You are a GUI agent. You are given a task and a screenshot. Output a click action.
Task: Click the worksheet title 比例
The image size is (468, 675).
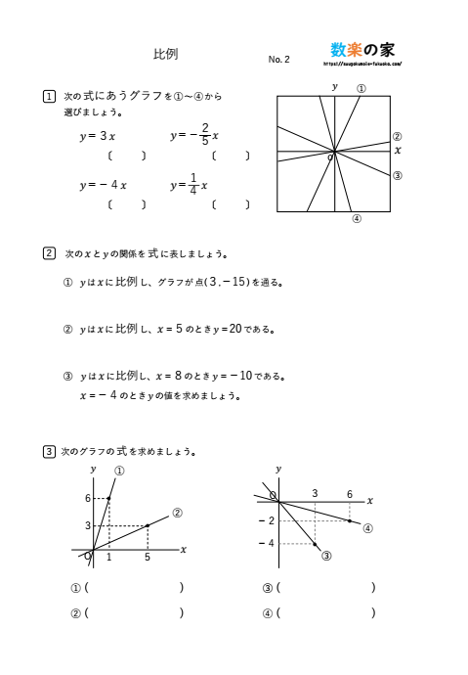(166, 55)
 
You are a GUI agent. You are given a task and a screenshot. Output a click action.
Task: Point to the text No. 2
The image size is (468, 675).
(278, 60)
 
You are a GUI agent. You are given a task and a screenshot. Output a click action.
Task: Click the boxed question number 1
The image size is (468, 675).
(50, 96)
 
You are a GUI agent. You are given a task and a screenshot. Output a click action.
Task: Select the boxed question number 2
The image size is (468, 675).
(50, 253)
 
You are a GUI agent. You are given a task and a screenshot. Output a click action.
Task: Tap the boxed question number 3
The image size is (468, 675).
(50, 451)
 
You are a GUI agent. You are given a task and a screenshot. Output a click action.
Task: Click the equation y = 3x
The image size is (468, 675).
(98, 136)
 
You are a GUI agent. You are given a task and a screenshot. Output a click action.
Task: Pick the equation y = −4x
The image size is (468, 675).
(103, 185)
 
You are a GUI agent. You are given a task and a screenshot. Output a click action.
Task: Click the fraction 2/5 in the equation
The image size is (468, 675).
(204, 135)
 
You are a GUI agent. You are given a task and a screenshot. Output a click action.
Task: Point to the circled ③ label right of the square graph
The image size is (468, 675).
(398, 176)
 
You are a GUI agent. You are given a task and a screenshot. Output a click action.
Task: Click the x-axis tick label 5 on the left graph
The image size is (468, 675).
(148, 558)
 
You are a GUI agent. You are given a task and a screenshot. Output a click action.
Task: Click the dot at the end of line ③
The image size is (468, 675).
(316, 544)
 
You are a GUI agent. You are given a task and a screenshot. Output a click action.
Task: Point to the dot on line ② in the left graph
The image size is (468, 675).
(148, 525)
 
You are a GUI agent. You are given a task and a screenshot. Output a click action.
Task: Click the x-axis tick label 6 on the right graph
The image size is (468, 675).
(349, 494)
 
